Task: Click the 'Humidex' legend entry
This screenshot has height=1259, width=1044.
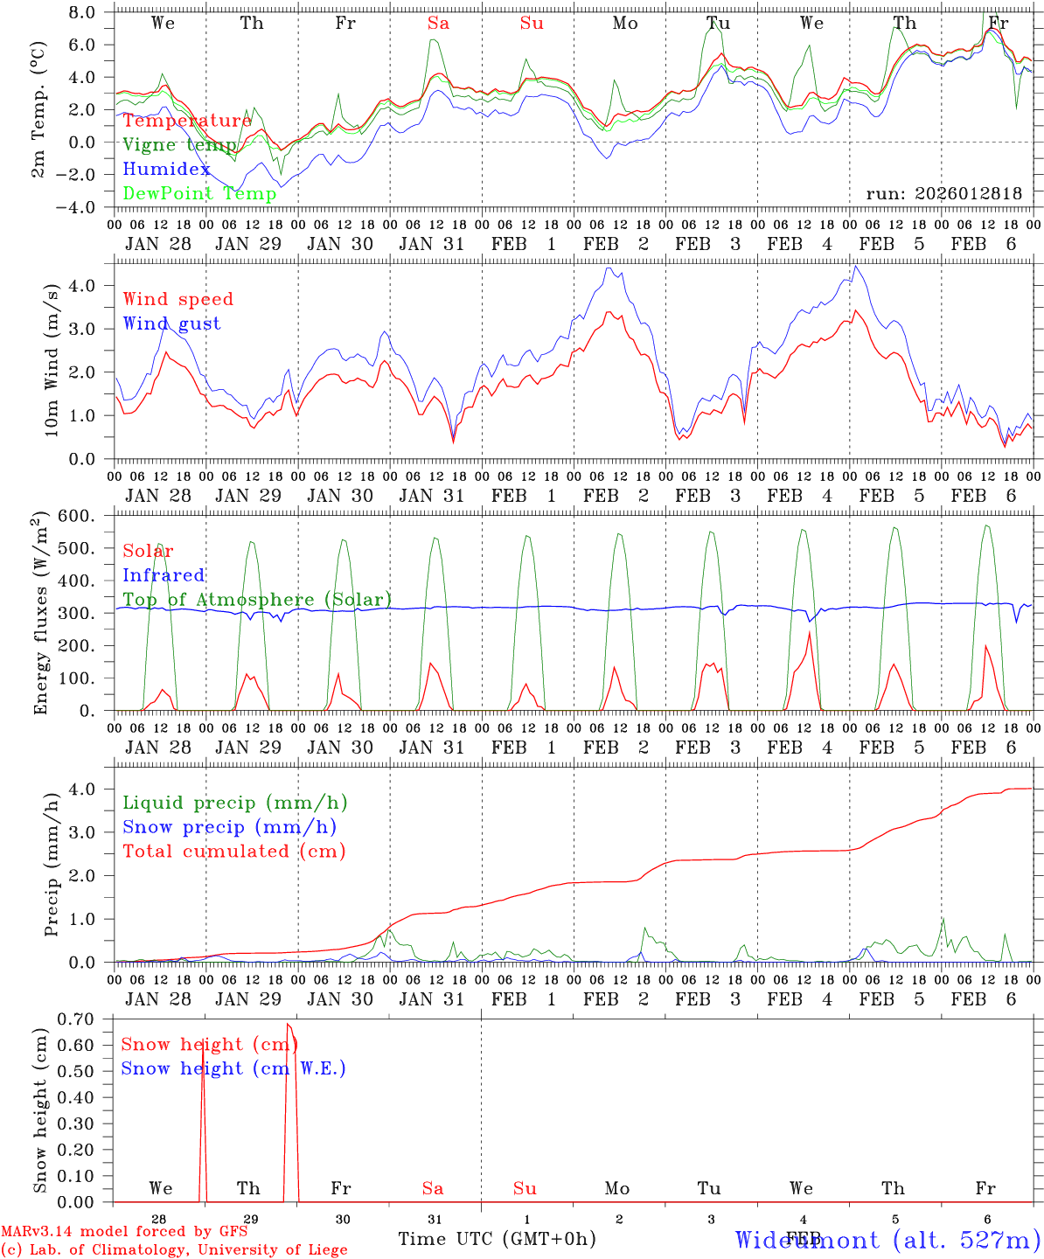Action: click(166, 169)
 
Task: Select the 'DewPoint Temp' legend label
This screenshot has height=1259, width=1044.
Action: click(199, 193)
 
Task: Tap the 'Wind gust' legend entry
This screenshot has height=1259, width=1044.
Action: click(171, 323)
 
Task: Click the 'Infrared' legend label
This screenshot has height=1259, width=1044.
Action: click(164, 575)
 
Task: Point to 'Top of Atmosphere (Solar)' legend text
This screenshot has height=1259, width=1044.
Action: click(256, 600)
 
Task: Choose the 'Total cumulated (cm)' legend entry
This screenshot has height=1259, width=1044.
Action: click(233, 851)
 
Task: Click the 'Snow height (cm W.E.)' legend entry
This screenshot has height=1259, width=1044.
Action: click(233, 1068)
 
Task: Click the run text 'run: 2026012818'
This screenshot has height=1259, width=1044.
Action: click(943, 193)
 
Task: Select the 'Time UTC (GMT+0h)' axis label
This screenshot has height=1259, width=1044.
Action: click(497, 1239)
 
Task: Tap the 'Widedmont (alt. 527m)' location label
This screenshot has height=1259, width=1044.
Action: click(887, 1239)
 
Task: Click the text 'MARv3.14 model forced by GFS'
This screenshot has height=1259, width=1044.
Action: click(124, 1232)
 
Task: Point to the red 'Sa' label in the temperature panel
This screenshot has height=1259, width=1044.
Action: click(438, 24)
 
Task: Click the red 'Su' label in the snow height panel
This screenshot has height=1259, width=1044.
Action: click(525, 1188)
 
